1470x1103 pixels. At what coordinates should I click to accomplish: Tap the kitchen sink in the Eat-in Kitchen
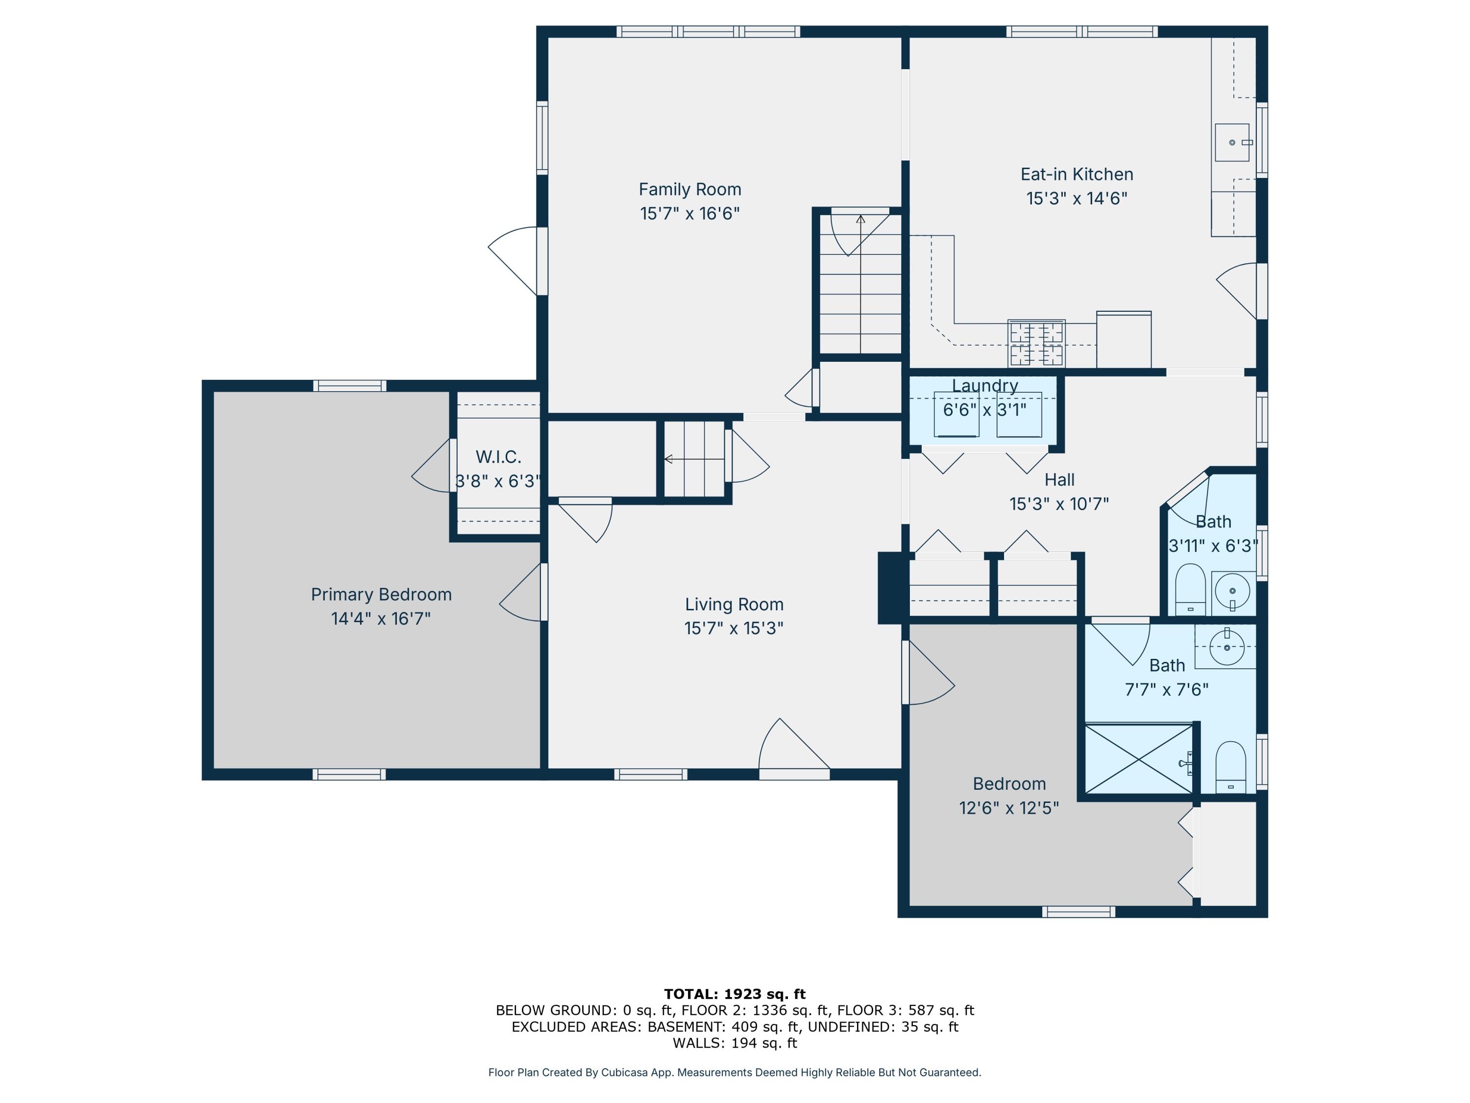pos(1231,142)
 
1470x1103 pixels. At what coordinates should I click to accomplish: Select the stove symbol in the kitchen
pos(1036,343)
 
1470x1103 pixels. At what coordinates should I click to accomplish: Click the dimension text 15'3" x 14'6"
pos(1076,198)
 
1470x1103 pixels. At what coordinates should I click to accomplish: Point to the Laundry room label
pos(984,386)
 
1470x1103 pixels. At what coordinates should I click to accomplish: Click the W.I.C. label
pos(498,457)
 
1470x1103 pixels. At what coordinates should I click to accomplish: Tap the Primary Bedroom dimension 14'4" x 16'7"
pos(381,618)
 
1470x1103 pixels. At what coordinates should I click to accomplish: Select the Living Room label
pos(734,604)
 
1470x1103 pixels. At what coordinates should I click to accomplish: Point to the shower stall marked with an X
pos(1138,758)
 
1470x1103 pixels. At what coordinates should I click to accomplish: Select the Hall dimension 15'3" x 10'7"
pos(1058,504)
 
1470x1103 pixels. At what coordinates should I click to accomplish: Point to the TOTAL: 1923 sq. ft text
pos(735,994)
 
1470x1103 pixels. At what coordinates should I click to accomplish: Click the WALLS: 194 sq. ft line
pos(735,1043)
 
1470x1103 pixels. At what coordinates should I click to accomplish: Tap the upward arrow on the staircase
pos(860,220)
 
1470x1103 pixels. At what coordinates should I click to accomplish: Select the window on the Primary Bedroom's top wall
pos(349,386)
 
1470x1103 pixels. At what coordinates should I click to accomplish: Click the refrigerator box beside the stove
pos(1123,340)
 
